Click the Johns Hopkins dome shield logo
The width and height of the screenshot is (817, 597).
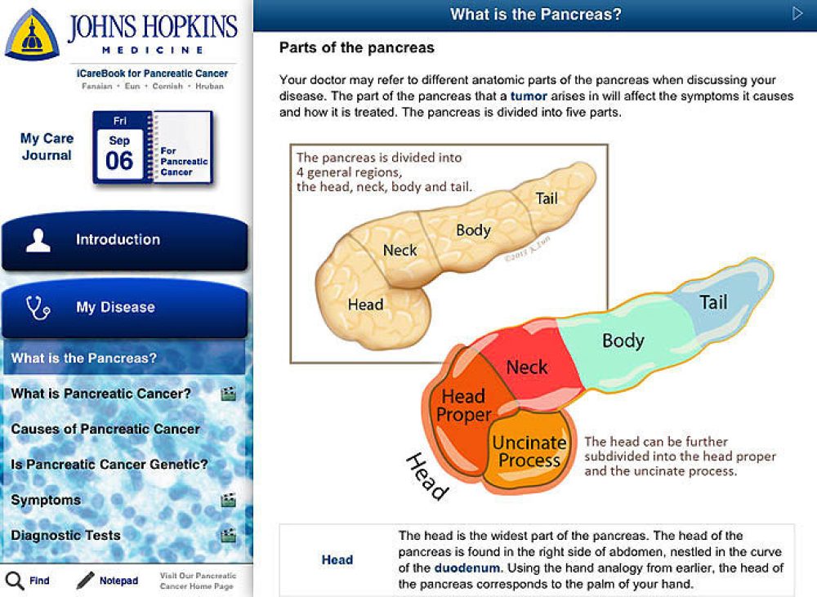[32, 35]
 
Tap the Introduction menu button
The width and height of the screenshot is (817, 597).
[124, 240]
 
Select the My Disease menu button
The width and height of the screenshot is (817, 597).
[124, 307]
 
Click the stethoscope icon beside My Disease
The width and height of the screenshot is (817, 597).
[38, 307]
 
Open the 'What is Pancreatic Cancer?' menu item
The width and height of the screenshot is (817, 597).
[101, 394]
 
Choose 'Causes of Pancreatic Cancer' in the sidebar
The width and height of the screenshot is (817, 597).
[105, 429]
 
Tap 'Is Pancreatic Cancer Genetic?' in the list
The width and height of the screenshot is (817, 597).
[109, 464]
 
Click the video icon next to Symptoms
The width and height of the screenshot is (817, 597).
[228, 500]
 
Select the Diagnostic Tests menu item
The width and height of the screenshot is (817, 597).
[65, 535]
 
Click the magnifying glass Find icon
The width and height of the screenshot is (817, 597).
[15, 581]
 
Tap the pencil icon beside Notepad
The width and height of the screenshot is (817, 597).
[86, 581]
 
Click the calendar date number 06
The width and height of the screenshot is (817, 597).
[119, 160]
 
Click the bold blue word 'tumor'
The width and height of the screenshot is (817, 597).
[529, 96]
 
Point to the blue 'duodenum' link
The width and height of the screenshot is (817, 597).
[467, 568]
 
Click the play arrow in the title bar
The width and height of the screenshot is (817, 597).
[797, 14]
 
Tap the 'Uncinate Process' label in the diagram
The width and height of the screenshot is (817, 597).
[529, 451]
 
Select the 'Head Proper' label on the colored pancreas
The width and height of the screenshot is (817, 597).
[464, 405]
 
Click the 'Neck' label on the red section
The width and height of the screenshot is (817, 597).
[527, 368]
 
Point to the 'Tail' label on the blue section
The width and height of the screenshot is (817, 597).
[713, 302]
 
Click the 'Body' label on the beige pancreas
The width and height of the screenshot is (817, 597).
[474, 230]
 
